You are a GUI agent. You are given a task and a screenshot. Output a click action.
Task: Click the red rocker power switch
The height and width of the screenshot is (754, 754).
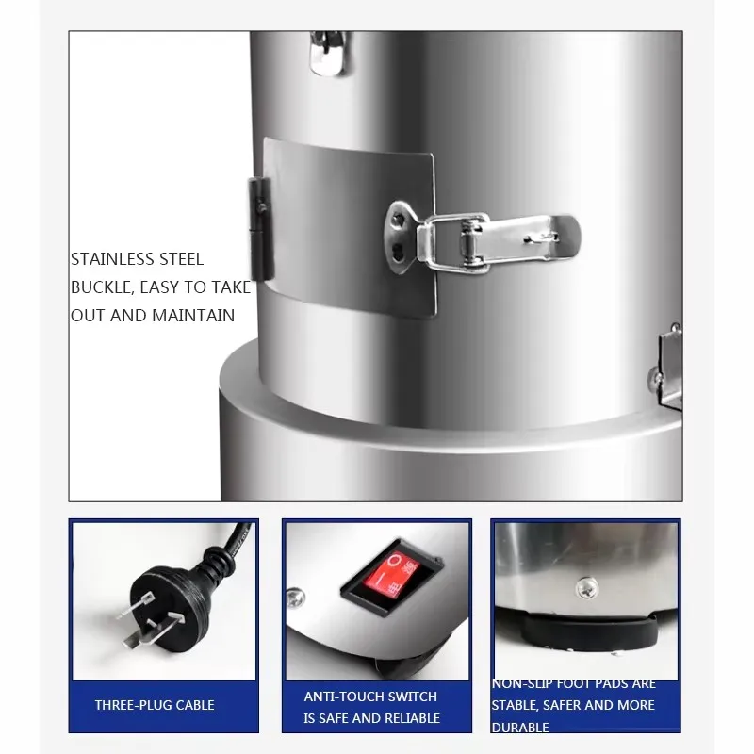[386, 575]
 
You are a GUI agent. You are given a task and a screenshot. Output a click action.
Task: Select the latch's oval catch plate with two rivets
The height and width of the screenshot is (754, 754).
[400, 233]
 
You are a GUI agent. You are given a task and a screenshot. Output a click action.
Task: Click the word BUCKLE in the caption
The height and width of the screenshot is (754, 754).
[99, 287]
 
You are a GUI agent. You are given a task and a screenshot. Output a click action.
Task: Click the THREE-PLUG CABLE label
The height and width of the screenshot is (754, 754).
[155, 705]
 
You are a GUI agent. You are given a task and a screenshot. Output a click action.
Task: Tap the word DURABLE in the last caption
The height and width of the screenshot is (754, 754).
[520, 728]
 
